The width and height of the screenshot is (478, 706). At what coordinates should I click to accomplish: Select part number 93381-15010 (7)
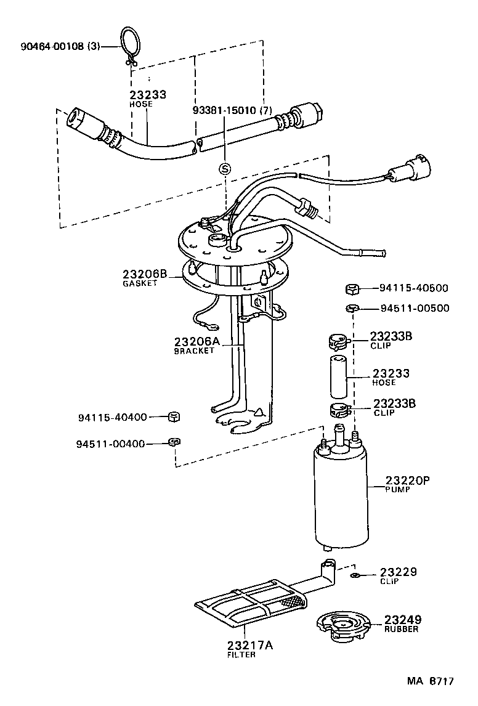232,110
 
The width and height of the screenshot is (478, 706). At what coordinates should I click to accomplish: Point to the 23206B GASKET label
144,278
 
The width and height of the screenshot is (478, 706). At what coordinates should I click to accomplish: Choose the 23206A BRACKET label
194,346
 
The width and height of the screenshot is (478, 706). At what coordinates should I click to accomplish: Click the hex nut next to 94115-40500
352,288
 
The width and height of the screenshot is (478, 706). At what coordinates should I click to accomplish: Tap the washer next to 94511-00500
352,308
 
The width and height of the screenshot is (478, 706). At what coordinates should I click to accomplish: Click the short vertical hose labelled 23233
338,376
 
